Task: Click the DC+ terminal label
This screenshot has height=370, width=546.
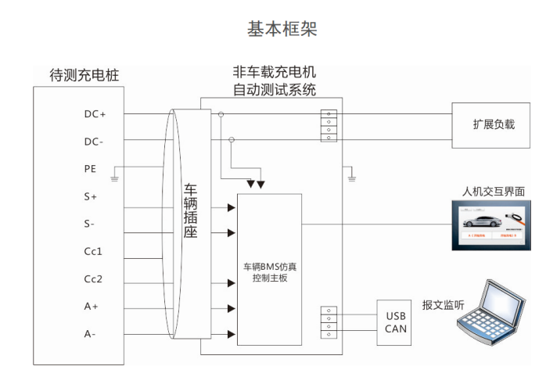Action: pyautogui.click(x=95, y=114)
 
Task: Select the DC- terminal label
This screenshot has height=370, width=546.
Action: pyautogui.click(x=94, y=142)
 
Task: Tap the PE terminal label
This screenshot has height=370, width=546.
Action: pyautogui.click(x=90, y=169)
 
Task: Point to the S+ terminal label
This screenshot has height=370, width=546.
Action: pyautogui.click(x=90, y=197)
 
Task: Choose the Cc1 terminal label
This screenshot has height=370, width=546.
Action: pyautogui.click(x=93, y=252)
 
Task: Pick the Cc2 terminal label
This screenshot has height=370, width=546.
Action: pyautogui.click(x=93, y=279)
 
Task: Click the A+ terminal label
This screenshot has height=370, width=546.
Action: pyautogui.click(x=91, y=307)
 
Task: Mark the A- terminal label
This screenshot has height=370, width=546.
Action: pyautogui.click(x=90, y=334)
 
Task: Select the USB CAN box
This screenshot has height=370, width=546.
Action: pyautogui.click(x=396, y=322)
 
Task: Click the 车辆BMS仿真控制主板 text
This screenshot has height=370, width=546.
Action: pyautogui.click(x=270, y=271)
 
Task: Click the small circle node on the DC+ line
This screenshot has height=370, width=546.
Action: pyautogui.click(x=221, y=114)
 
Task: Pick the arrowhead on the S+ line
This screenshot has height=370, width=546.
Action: pyautogui.click(x=232, y=207)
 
